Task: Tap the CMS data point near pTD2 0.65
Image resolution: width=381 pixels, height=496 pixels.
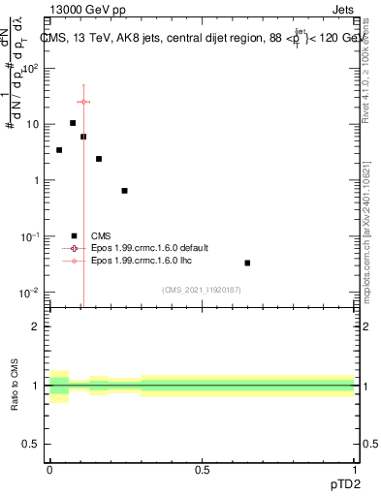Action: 247,263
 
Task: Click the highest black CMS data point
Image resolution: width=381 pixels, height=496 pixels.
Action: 73,123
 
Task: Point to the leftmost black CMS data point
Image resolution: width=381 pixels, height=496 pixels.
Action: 59,150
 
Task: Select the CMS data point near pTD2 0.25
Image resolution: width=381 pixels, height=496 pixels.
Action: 124,191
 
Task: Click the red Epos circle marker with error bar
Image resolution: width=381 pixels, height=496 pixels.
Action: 83,102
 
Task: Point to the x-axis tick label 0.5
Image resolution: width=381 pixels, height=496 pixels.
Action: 202,469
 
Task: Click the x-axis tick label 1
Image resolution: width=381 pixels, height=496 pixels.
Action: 354,469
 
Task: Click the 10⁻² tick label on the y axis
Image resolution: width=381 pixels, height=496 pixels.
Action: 29,293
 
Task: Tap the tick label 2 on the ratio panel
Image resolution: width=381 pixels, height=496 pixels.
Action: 36,326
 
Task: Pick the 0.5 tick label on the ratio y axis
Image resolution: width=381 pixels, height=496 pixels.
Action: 31,446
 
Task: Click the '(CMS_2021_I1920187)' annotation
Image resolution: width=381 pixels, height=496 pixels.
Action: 202,290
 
